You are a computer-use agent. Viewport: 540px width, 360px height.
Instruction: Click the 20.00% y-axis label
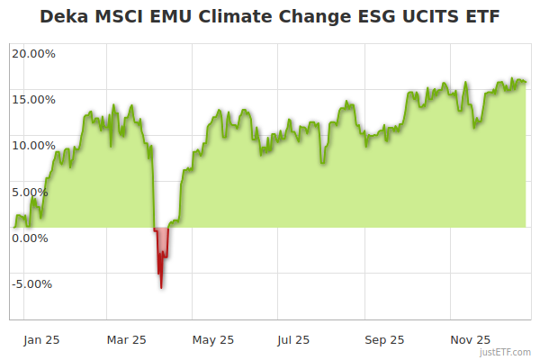[33, 53]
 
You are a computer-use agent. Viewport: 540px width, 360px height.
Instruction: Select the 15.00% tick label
[33, 99]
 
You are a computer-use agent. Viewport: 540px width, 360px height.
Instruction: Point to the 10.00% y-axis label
[33, 145]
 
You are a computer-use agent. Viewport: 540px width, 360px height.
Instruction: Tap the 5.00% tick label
[36, 192]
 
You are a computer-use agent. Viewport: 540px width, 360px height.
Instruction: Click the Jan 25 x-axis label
[41, 340]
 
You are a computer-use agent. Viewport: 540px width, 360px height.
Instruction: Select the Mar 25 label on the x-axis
[126, 340]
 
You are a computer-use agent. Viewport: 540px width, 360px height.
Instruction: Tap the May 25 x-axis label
[213, 340]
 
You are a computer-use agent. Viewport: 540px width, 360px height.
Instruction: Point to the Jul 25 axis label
[293, 340]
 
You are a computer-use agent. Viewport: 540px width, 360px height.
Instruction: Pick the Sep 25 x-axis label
[384, 340]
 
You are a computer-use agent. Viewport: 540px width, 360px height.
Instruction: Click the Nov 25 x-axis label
[470, 340]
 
